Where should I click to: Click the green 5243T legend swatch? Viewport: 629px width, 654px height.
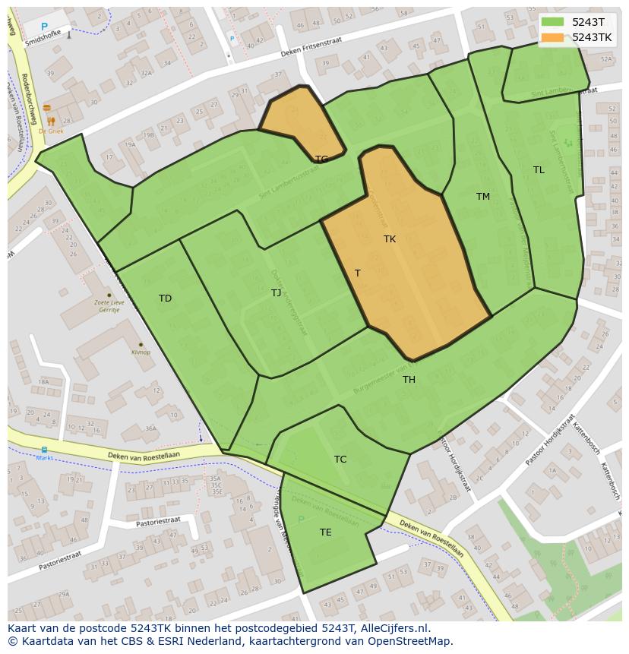(552, 22)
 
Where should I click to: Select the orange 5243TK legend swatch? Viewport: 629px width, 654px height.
(552, 37)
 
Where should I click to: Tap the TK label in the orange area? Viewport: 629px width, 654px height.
(390, 239)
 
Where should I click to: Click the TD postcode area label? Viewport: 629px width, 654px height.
(165, 299)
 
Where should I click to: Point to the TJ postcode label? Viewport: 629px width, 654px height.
(276, 293)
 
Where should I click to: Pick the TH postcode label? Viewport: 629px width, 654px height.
(409, 380)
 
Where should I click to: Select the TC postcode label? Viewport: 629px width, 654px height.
(340, 460)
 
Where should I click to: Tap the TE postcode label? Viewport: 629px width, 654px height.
(325, 532)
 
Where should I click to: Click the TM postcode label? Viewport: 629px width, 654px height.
(483, 197)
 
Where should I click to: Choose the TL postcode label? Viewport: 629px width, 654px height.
(539, 170)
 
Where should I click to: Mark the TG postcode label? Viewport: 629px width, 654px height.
(321, 160)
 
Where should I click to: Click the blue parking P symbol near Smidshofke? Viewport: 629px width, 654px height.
(44, 27)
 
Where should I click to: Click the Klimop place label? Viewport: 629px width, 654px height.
(141, 352)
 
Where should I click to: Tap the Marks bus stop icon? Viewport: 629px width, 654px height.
(44, 450)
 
